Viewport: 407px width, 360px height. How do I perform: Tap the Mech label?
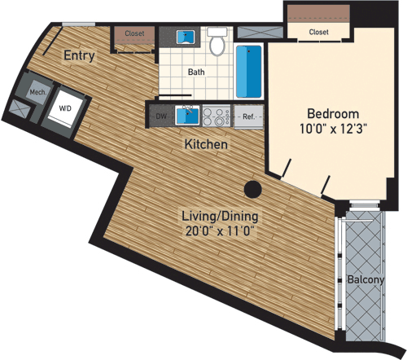pos(37,92)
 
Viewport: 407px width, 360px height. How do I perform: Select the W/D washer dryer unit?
pos(63,106)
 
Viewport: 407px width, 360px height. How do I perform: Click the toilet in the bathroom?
pos(217,45)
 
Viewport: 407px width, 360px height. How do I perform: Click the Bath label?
pos(196,72)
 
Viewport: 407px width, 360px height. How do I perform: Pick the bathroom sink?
pos(187,37)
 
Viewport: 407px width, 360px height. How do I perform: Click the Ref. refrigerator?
pos(247,117)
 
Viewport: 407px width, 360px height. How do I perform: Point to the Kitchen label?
pos(205,144)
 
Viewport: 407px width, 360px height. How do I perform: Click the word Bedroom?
pos(328,112)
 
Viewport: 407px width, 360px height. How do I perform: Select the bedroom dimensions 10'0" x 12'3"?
pos(328,128)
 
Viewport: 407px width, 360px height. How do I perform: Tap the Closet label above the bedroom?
pos(319,32)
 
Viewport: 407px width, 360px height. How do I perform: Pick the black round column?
pos(253,191)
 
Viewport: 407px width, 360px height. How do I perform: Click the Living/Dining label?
pos(219,216)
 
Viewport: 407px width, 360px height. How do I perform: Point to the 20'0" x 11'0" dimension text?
pos(219,230)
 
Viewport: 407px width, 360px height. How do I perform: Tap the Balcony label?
pos(365,279)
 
